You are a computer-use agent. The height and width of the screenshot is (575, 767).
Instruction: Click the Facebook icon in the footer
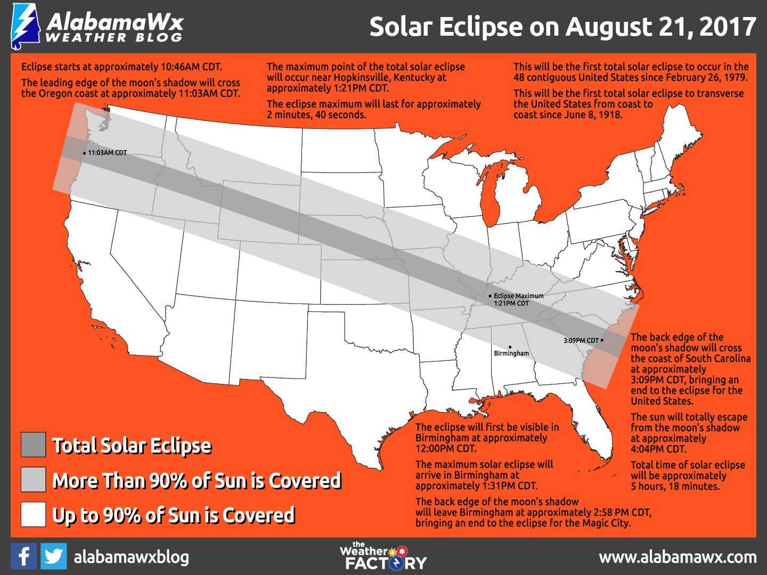tap(23, 556)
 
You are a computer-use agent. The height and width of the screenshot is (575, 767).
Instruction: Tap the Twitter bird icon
tap(53, 556)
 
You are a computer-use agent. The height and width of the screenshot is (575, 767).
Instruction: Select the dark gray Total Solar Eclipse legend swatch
tap(33, 445)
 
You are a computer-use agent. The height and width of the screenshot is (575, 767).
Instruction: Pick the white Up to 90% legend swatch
tap(33, 514)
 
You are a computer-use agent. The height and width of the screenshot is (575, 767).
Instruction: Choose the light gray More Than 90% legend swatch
tap(33, 479)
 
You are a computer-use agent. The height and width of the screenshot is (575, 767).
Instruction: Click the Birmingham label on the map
tap(511, 354)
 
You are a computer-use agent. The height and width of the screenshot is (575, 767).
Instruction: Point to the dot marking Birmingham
tap(510, 347)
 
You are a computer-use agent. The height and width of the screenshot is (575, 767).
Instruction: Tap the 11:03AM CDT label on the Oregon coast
tap(107, 153)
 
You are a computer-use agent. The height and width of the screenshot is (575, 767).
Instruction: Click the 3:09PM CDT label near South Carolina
tap(581, 340)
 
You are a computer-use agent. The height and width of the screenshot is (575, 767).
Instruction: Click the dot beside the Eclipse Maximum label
tap(490, 295)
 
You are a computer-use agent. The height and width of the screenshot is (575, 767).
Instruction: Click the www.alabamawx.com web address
tap(678, 557)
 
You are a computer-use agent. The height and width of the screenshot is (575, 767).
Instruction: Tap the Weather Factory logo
tap(383, 556)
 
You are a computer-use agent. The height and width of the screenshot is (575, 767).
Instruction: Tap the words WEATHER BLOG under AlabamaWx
tap(114, 38)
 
